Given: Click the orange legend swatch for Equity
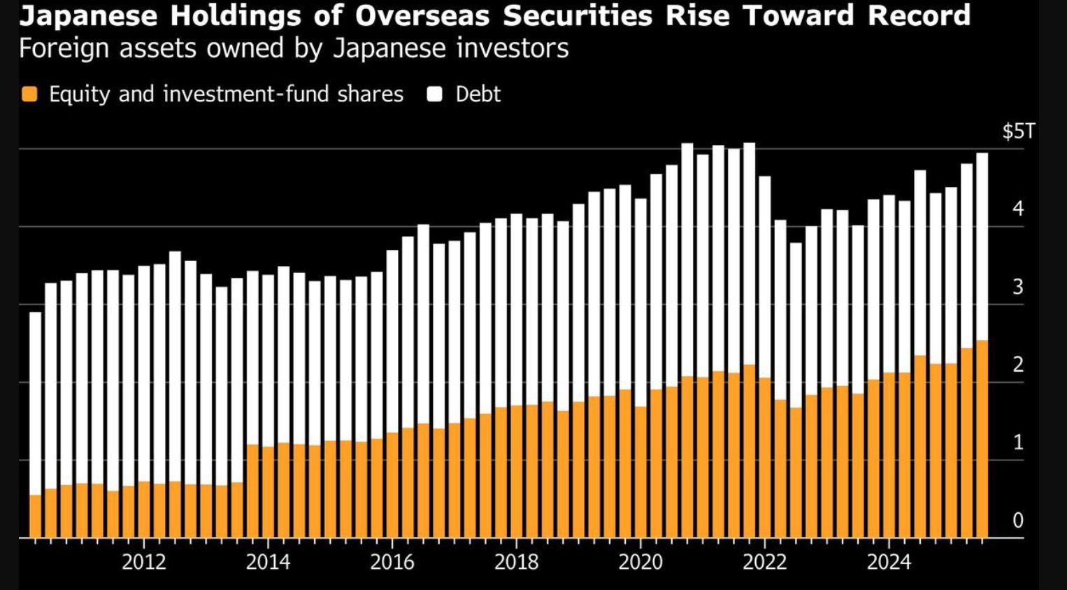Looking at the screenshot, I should pyautogui.click(x=29, y=94).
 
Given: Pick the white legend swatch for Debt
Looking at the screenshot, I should pyautogui.click(x=435, y=94).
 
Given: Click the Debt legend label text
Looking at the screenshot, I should pyautogui.click(x=478, y=94).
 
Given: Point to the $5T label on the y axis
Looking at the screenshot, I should pyautogui.click(x=1018, y=132).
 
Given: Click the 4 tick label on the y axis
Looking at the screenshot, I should pyautogui.click(x=1018, y=209).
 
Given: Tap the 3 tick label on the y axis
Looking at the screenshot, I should pyautogui.click(x=1018, y=287).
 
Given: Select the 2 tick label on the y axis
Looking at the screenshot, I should pyautogui.click(x=1018, y=365).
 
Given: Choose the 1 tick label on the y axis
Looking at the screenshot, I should pyautogui.click(x=1018, y=442).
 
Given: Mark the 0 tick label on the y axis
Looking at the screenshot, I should pyautogui.click(x=1018, y=520).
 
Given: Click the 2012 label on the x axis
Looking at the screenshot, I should pyautogui.click(x=144, y=561).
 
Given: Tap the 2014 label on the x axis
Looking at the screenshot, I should pyautogui.click(x=268, y=561).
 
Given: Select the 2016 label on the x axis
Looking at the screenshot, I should pyautogui.click(x=392, y=561).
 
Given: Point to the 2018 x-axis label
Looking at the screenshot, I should pyautogui.click(x=517, y=561).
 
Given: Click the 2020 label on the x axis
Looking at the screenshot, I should pyautogui.click(x=640, y=561).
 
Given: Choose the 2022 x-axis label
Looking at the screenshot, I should pyautogui.click(x=765, y=561).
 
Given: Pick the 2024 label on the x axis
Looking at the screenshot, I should pyautogui.click(x=889, y=561).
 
